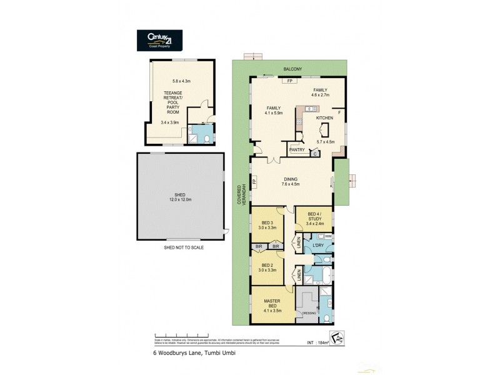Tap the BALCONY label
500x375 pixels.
click(x=292, y=69)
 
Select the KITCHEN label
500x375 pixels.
click(x=325, y=117)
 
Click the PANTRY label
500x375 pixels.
click(x=297, y=150)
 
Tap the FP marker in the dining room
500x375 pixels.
click(x=254, y=182)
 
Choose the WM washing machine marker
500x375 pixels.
click(x=328, y=236)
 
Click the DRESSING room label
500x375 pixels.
click(x=308, y=312)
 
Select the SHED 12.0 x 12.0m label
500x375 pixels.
click(x=180, y=196)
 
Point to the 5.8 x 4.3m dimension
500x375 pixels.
click(x=181, y=81)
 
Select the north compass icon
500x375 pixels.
click(x=337, y=337)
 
